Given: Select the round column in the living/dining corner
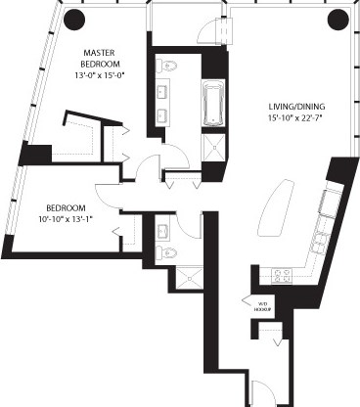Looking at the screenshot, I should [337, 17].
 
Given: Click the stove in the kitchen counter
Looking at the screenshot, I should [282, 276].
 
